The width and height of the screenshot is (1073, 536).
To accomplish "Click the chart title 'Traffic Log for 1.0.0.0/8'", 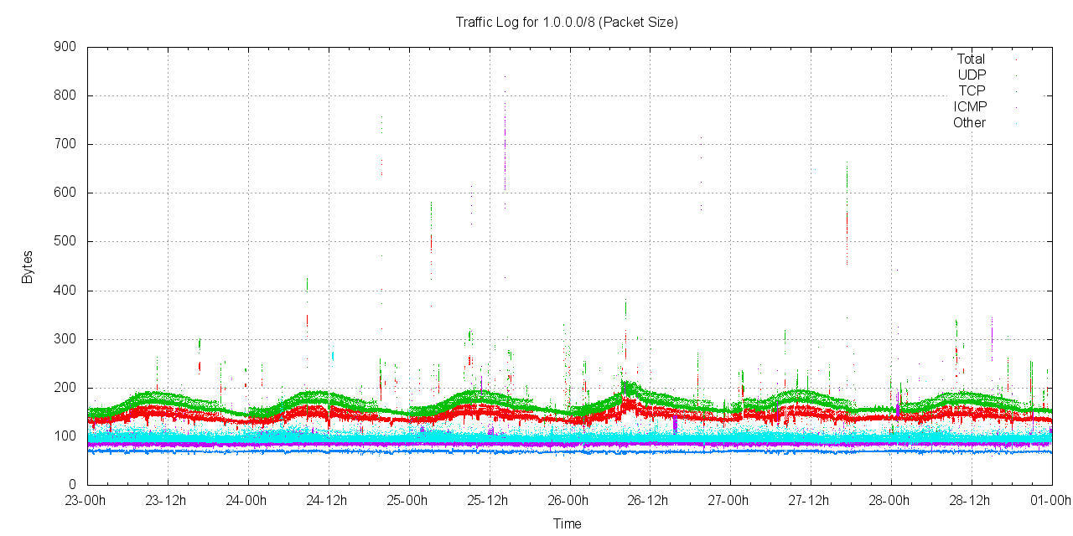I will [x=567, y=23].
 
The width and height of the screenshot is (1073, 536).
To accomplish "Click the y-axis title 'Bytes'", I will [x=28, y=266].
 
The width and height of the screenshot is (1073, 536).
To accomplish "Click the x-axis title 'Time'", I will [x=567, y=524].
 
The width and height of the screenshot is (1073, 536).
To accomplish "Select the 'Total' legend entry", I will [x=971, y=59].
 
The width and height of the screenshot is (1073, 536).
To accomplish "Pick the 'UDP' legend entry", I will [x=972, y=75].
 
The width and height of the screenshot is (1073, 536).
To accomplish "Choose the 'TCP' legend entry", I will [x=972, y=91].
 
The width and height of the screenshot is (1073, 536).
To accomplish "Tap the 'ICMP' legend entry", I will [x=970, y=107].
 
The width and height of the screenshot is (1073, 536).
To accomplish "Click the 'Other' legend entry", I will [x=969, y=123].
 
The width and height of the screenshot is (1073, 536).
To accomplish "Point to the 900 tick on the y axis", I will [x=65, y=47].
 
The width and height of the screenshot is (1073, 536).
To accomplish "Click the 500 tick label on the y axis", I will [x=65, y=241].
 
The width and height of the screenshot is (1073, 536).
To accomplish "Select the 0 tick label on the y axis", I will [x=73, y=485].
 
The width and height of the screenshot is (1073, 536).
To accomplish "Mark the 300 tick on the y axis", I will [x=65, y=339].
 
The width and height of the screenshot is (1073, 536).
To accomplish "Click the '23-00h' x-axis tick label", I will [x=87, y=501].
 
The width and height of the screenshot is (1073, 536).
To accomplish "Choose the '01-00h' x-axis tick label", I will [x=1051, y=501].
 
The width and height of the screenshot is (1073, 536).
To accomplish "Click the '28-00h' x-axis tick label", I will [x=890, y=501].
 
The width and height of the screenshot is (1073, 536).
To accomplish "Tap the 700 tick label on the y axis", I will [x=65, y=144].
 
